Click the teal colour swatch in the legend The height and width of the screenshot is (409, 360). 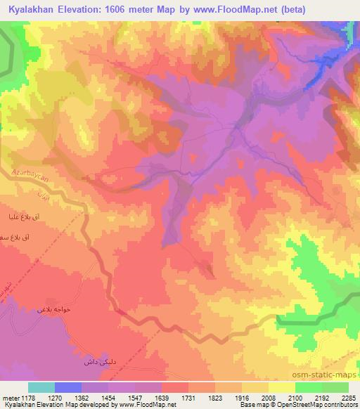41,387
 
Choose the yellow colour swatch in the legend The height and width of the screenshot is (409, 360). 282,387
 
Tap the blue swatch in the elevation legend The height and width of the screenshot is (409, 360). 68,387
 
